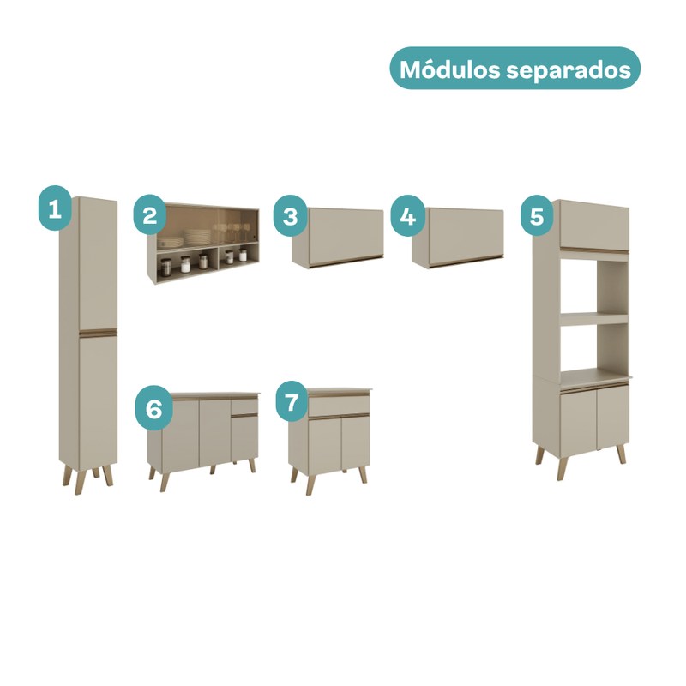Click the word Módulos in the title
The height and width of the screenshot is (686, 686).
point(449,69)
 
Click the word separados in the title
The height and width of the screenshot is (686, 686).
point(569,71)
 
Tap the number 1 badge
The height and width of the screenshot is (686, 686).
point(55,208)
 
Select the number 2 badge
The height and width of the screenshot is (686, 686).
point(150,215)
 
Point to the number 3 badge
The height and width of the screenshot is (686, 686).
point(291,216)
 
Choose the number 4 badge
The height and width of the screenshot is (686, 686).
point(408,216)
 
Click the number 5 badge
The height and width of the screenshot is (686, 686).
point(537,216)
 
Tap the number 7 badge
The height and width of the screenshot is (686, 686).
point(292,402)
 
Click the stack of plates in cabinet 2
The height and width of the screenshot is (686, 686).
point(196,238)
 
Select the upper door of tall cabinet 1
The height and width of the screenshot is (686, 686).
point(98,263)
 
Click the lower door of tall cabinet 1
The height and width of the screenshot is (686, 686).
point(98,399)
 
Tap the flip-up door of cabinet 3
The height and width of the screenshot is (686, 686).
point(346,237)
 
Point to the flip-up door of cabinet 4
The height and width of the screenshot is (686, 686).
point(466,237)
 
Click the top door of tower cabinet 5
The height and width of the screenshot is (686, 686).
point(594,226)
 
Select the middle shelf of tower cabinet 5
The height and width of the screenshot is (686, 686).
point(594,319)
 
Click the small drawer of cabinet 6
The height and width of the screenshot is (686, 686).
point(244,406)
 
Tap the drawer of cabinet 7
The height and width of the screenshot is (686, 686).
point(339,406)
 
